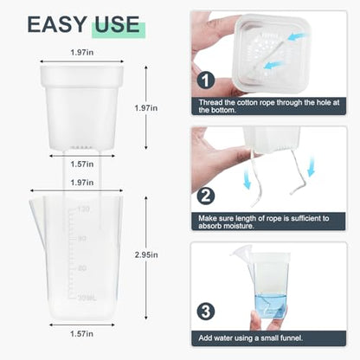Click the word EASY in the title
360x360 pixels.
click(57, 24)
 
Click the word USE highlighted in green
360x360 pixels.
click(117, 24)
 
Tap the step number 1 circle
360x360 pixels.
click(206, 80)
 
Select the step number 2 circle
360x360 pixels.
click(206, 196)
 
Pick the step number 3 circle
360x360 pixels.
click(206, 312)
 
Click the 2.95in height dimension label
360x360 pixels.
click(146, 255)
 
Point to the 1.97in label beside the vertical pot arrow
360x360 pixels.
click(146, 108)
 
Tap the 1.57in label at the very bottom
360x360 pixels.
click(82, 334)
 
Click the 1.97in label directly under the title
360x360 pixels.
click(82, 53)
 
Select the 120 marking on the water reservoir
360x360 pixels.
click(83, 209)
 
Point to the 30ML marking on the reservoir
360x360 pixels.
click(87, 299)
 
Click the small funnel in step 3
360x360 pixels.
click(241, 254)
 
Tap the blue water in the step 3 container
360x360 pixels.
click(271, 305)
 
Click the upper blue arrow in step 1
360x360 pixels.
click(299, 37)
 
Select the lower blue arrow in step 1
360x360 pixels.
click(273, 65)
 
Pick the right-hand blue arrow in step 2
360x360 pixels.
click(311, 166)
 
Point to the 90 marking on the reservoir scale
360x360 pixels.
click(82, 239)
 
